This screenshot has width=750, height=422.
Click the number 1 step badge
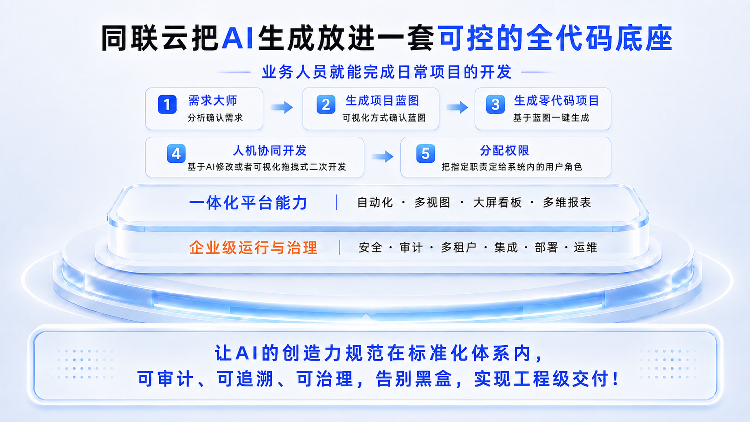pos(167,104)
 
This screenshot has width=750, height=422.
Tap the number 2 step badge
pos(326,104)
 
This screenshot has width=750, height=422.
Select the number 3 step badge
pos(495,104)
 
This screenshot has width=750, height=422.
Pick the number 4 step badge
pos(176,154)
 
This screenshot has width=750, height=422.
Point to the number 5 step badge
pos(426,154)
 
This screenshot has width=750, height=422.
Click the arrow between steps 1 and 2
pos(282,108)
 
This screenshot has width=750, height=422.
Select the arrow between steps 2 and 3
pos(457,108)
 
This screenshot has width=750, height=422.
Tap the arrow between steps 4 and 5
pos(382,157)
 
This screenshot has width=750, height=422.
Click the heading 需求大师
pos(213,100)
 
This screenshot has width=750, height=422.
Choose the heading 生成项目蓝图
pos(382,100)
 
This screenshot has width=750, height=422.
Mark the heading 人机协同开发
pos(270,151)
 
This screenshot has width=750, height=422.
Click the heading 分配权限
pos(505,151)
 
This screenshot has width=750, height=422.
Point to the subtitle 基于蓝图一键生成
pos(551,118)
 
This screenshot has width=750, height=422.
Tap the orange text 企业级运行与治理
pos(253,248)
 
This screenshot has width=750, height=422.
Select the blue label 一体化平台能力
pos(248,203)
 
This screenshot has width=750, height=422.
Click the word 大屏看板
pos(497,202)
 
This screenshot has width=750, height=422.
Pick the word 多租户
pos(458,248)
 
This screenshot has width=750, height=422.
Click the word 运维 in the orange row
pos(586,248)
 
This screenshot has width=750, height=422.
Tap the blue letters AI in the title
pos(237,38)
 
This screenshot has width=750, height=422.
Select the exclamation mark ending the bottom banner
pos(615,379)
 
